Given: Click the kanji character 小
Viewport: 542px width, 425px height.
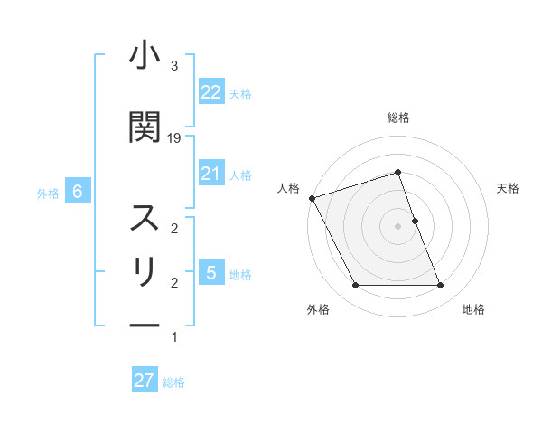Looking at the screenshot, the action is pos(145,57).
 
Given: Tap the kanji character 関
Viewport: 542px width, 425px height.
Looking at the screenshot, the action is pos(145,127).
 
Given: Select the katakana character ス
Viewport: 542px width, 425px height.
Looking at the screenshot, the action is pos(145,218).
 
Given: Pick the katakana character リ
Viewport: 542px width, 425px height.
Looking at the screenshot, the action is pos(145,272).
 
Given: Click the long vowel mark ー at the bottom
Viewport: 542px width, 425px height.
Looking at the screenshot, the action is pos(145,326).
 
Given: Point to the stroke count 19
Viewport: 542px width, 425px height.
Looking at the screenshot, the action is pos(174,137).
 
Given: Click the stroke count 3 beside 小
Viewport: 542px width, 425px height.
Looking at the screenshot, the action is pos(174,66).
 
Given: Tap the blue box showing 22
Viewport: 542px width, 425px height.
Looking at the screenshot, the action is pos(210,92).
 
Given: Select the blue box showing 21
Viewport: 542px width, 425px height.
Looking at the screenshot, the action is pos(210,174).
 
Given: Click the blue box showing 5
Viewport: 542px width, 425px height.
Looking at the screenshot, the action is pos(210,272).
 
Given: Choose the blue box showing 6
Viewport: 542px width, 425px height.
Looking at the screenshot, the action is pos(78,192).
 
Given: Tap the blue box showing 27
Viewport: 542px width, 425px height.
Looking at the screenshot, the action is pos(145,381).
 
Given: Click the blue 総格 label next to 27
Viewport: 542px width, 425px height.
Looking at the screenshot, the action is pos(173,382).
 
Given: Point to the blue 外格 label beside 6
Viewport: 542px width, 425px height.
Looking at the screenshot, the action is pos(48,193).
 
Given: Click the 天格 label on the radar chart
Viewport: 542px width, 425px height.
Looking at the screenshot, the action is pos(509,188).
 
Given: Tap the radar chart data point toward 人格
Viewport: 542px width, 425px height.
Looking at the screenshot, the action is pos(312,198).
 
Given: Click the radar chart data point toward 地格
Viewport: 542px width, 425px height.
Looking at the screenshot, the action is pos(441,286).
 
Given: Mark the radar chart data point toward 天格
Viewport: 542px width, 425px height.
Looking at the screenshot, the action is pos(415,221).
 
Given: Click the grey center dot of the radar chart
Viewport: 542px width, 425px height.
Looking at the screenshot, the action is pos(398,226).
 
